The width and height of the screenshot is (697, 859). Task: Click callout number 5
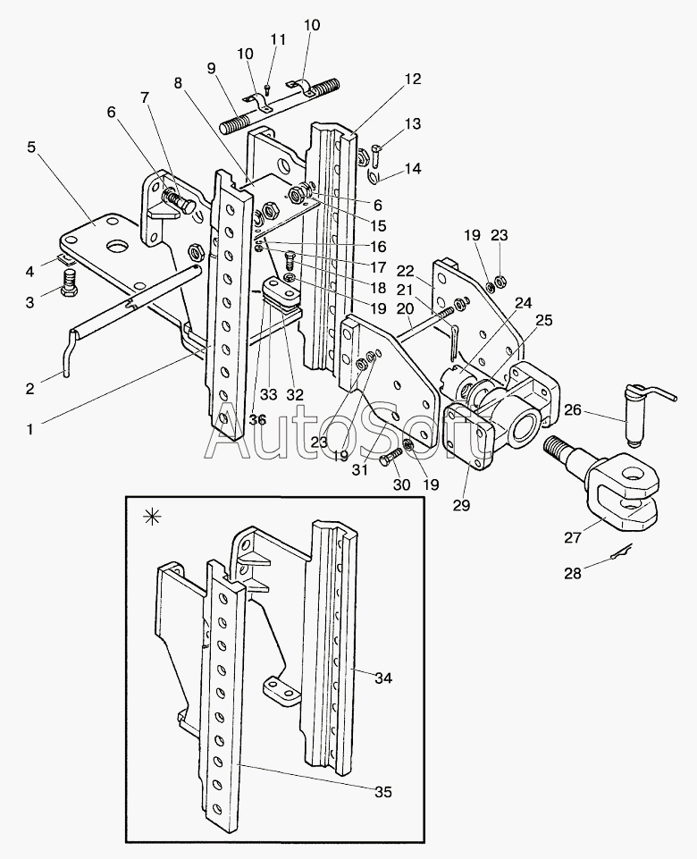tap(32, 147)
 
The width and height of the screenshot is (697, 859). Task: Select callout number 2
tap(29, 389)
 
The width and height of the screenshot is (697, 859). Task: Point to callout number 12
tap(411, 79)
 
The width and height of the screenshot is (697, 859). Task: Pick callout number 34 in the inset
tap(382, 678)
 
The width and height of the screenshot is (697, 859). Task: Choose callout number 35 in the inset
tap(382, 791)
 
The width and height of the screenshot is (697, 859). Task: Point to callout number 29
tap(461, 505)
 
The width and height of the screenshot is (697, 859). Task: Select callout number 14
tap(412, 169)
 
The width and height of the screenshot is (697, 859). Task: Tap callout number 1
tap(29, 429)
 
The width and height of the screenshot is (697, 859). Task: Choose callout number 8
tap(179, 82)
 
